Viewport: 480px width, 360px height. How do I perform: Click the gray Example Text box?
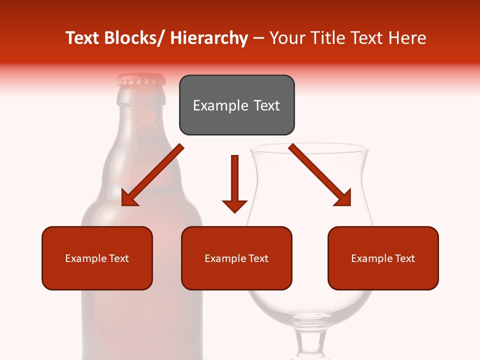tap(236, 105)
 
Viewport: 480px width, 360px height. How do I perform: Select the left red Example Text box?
tap(97, 258)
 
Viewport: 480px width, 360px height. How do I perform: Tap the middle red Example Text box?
tap(236, 258)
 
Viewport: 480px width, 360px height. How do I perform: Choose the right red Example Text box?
tap(383, 258)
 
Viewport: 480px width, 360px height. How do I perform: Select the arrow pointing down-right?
tap(320, 175)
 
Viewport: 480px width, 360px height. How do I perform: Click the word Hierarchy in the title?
tap(209, 38)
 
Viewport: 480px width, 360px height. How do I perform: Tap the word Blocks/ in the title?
tap(130, 38)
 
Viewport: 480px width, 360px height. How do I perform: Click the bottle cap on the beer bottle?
tap(141, 79)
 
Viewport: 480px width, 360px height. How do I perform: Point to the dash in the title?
tap(259, 38)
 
